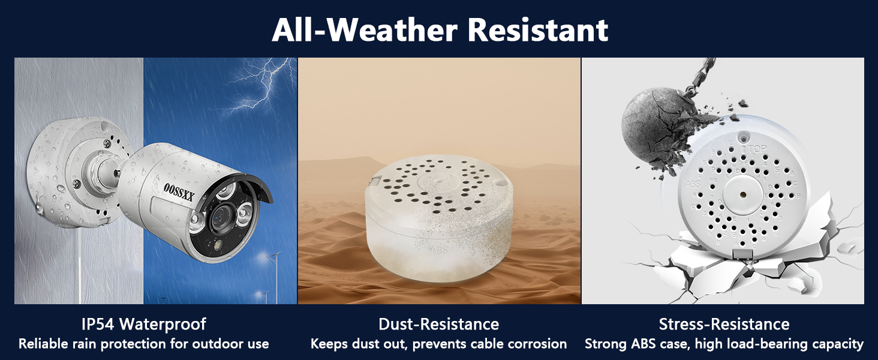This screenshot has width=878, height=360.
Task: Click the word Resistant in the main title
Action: point(538,30)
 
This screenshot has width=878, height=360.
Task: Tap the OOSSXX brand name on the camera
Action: point(178,192)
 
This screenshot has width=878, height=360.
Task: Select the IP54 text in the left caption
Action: point(98,325)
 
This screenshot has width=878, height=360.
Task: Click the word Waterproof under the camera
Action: point(163,325)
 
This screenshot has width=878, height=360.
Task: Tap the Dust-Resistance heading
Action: point(438,325)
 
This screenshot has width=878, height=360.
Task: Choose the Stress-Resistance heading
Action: point(724,325)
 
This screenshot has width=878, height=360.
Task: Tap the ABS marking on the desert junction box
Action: point(438,250)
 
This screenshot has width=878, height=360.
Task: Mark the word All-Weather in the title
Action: point(365,30)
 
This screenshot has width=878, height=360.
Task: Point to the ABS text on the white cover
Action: point(693,184)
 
